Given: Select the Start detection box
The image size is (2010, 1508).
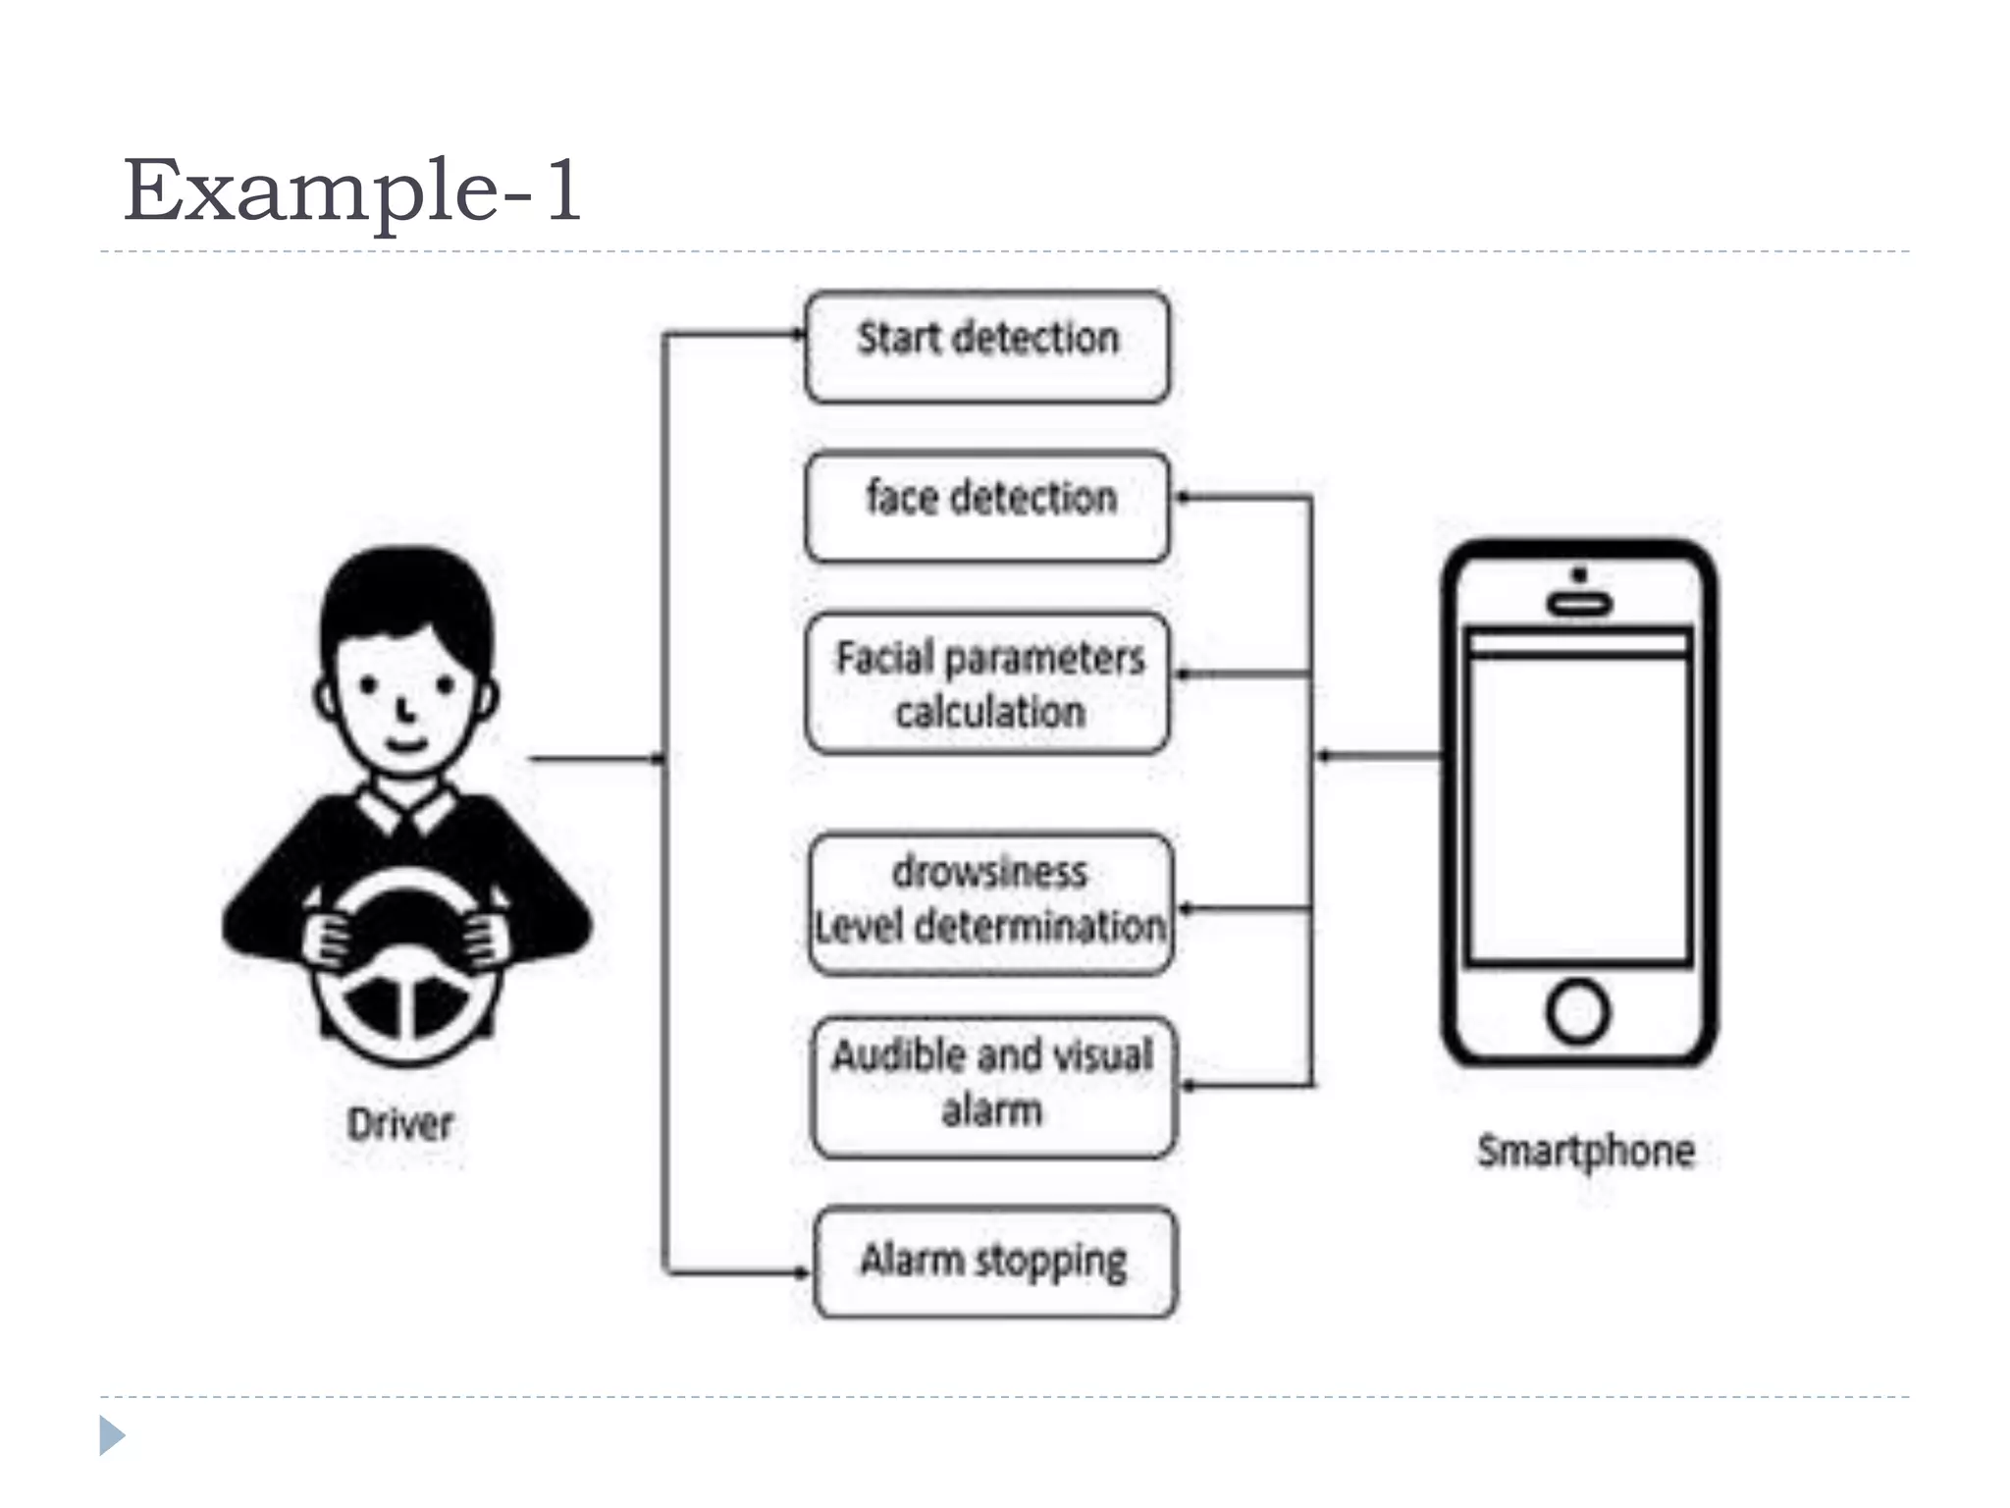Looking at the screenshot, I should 986,346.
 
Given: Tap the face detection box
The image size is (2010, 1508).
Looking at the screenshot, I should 986,506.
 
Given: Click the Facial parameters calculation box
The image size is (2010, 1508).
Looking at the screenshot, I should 986,683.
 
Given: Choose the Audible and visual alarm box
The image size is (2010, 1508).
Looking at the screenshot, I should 992,1086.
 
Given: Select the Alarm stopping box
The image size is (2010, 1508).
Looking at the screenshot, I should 995,1262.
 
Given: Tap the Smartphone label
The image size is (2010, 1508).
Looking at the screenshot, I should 1585,1151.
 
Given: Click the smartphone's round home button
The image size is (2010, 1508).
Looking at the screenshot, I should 1577,1011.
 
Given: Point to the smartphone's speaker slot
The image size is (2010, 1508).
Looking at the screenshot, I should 1579,604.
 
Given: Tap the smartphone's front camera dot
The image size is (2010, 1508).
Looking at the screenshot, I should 1579,574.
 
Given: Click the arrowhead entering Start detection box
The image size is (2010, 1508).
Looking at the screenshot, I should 799,335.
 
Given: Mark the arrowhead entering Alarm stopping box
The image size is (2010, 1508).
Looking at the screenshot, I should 804,1272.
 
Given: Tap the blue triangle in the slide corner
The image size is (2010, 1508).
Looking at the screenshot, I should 112,1435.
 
